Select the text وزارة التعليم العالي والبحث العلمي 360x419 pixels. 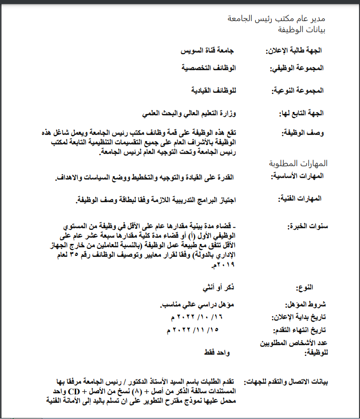(x=183, y=113)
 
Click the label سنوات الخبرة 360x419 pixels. (x=306, y=226)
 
